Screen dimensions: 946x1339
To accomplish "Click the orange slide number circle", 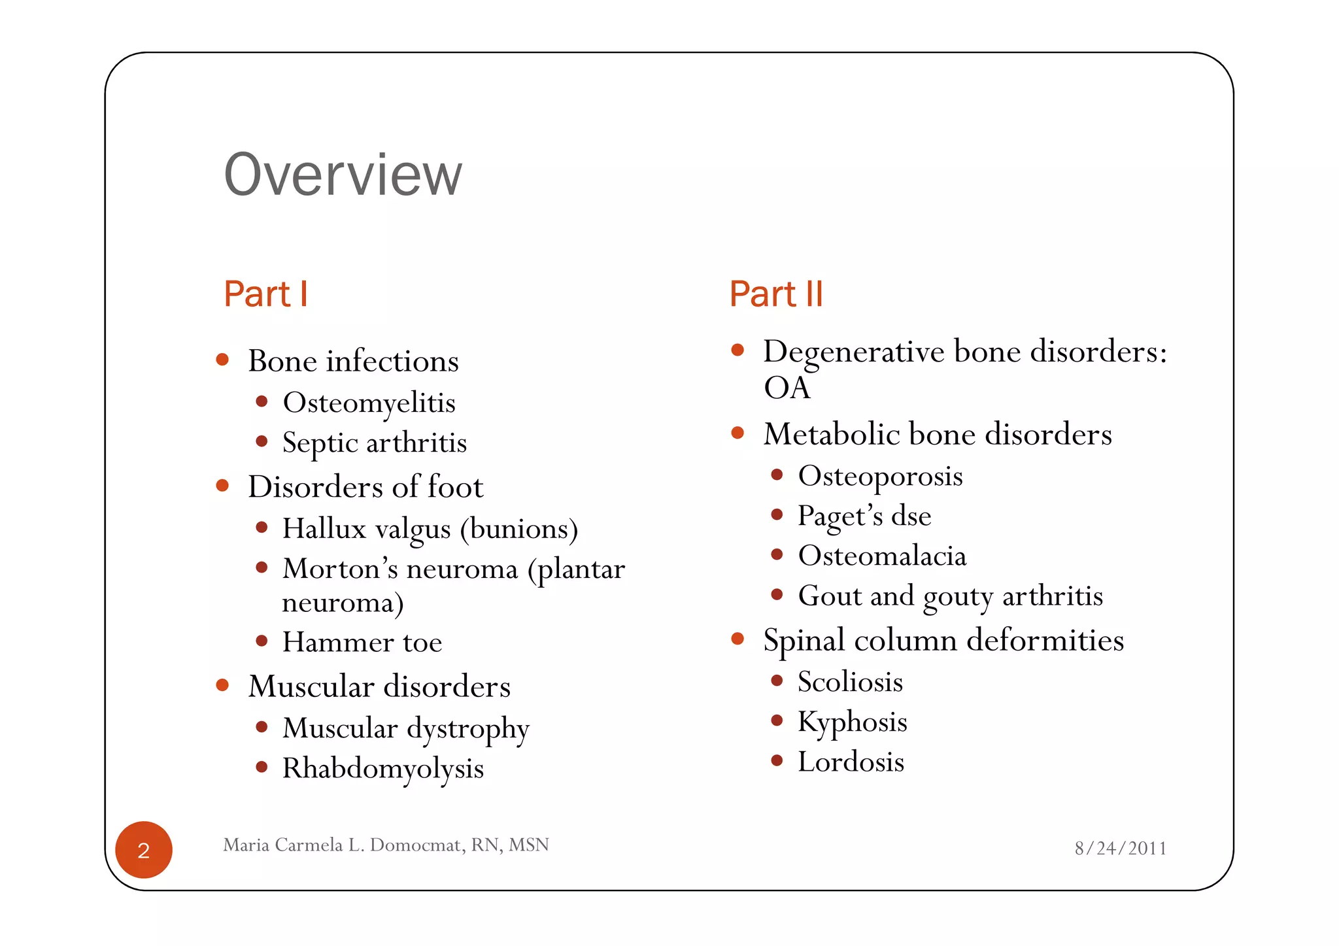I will point(144,850).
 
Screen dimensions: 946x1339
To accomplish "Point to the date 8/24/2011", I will point(1121,848).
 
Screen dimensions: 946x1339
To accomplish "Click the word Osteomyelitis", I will point(369,403).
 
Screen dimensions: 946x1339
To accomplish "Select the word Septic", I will point(320,443).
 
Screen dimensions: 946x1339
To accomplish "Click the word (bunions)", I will point(519,529).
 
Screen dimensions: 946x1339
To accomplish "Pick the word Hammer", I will point(337,642).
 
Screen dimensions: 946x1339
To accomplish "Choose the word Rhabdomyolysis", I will point(383,769).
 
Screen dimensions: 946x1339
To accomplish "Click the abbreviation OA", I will point(787,388).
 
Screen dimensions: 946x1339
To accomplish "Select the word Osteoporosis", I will point(880,476).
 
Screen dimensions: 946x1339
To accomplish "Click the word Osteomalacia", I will point(882,556).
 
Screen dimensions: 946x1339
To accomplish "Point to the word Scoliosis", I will point(850,682).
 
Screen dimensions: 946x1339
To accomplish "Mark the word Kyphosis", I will point(853,722).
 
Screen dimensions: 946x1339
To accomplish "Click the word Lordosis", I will point(851,762).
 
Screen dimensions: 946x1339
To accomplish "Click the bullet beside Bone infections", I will point(222,360).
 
